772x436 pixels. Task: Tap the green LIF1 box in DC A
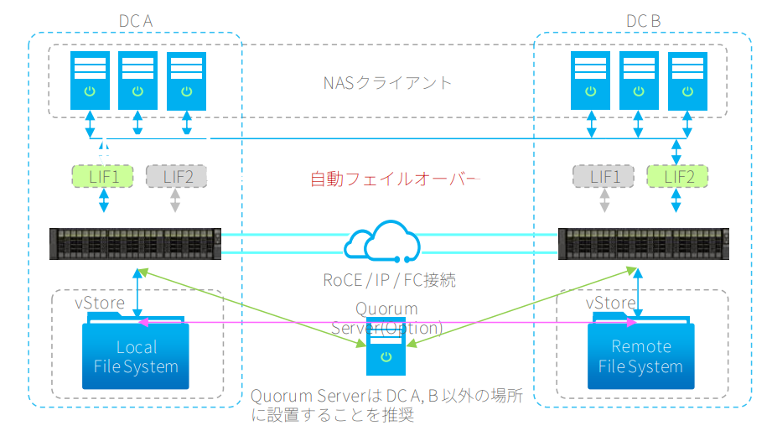coord(105,176)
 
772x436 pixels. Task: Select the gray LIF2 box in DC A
coord(176,176)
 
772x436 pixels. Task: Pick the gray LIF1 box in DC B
coord(603,176)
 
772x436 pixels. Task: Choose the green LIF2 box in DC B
coord(677,176)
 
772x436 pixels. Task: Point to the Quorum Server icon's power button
coord(385,357)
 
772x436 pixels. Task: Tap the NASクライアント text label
coord(387,82)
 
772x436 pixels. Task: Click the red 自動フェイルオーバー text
coord(394,179)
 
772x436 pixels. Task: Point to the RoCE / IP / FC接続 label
coord(389,281)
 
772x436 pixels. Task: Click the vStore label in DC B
coord(609,303)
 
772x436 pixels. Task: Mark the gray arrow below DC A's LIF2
coord(175,203)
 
